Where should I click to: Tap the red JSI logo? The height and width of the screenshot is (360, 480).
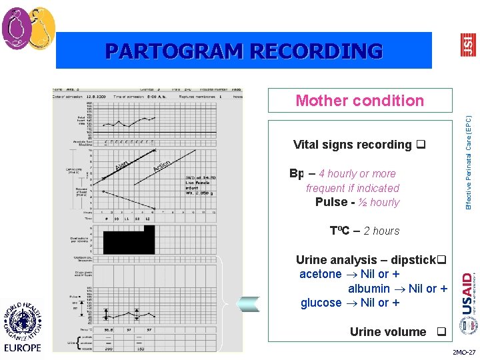469,45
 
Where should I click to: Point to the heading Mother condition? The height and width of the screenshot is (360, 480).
359,101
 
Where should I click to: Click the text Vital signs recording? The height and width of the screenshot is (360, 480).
353,145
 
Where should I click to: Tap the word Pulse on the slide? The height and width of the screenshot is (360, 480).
331,202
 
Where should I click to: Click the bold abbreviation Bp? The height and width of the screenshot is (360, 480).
297,173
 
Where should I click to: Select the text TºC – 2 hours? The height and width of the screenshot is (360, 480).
365,231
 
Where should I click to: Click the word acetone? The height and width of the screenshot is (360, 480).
320,274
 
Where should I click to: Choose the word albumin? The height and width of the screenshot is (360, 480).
369,289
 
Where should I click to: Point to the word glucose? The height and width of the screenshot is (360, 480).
321,303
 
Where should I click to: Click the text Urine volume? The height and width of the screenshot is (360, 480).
387,331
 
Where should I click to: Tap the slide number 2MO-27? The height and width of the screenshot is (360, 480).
464,352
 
